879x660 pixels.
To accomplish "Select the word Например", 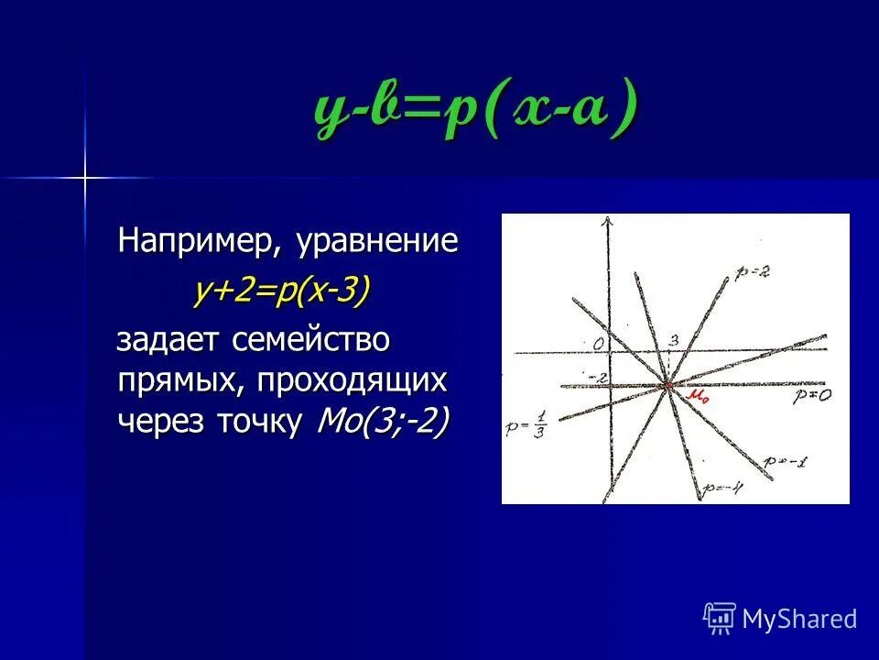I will [x=201, y=242].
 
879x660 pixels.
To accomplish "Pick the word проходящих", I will [x=353, y=380].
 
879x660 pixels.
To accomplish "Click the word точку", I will [x=262, y=421].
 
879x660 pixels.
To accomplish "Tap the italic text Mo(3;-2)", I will [x=382, y=421].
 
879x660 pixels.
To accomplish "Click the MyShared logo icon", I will [x=720, y=619].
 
